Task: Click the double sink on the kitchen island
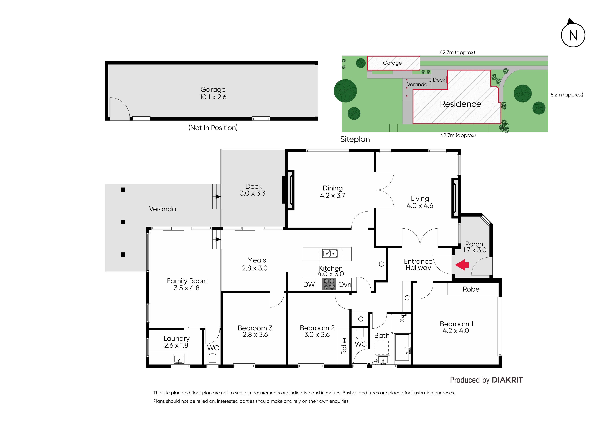coord(330,254)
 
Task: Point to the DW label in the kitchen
coord(309,284)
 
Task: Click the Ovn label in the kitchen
coord(345,284)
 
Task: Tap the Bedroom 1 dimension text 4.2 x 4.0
coord(456,331)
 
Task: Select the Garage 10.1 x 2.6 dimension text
coord(213,97)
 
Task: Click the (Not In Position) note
coord(213,128)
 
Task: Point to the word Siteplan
coord(355,139)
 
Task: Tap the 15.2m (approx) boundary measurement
coord(566,95)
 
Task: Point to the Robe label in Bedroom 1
coord(471,289)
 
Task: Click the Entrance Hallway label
coord(418,264)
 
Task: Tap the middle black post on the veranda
coord(123,222)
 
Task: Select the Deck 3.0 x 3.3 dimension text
coord(253,193)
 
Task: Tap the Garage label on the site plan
coord(392,63)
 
